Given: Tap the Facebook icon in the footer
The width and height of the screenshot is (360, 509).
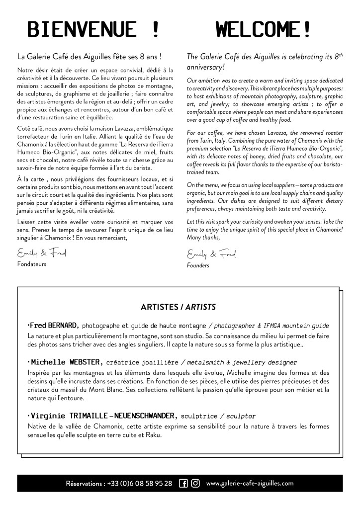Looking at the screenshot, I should tap(183, 483).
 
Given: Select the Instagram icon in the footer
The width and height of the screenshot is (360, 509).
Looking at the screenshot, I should tap(195, 483).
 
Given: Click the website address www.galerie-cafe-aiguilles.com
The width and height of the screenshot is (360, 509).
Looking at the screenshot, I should tap(250, 483).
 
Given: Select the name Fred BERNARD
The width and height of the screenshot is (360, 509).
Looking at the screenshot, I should tap(53, 326).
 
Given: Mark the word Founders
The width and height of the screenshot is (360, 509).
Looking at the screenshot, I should tap(198, 265).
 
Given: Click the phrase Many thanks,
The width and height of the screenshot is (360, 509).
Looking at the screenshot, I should tap(202, 239).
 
